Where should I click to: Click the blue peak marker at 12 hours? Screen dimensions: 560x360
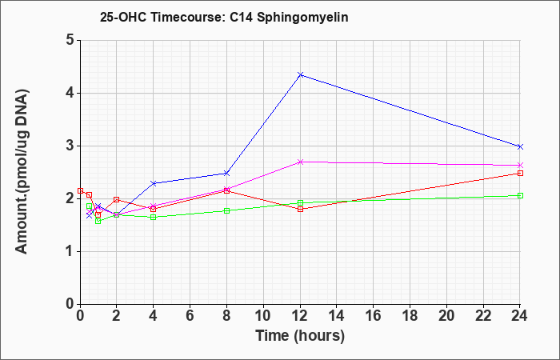[300, 74]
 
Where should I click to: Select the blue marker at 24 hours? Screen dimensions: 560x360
[520, 146]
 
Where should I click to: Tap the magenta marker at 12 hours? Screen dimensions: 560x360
[300, 162]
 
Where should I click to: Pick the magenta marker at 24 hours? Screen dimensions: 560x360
[520, 166]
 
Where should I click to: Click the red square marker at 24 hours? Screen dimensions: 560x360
[520, 174]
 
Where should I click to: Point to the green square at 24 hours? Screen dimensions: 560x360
[520, 195]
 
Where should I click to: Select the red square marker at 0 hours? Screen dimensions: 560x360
[80, 190]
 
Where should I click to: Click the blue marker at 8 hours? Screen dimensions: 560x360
[226, 174]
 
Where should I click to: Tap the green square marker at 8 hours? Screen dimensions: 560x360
[226, 210]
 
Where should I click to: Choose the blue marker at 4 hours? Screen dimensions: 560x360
[154, 183]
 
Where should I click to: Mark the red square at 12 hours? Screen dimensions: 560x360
[300, 209]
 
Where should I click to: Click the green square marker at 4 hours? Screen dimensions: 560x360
[154, 217]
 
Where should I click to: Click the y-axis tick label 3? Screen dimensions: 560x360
[70, 146]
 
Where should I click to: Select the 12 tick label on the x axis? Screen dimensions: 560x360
[300, 316]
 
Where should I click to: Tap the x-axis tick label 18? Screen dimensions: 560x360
[410, 316]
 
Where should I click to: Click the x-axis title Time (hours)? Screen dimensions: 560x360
[300, 336]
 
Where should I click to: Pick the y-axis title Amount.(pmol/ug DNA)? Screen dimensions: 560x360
[22, 171]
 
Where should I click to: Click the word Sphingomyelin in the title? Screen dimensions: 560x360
[302, 17]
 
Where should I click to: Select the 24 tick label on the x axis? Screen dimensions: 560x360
[519, 316]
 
